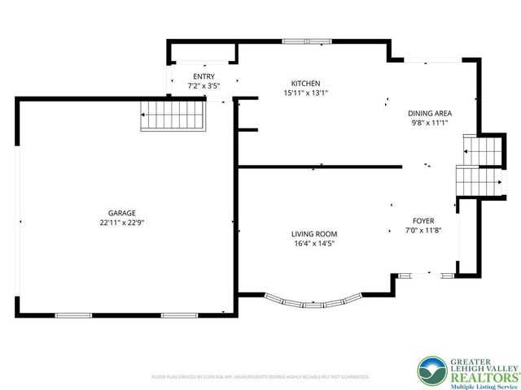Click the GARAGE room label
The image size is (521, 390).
click(124, 213)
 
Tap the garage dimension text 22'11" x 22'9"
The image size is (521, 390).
click(124, 222)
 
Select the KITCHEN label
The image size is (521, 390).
click(305, 84)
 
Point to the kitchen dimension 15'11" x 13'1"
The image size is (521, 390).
click(305, 93)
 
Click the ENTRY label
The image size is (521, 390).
click(204, 76)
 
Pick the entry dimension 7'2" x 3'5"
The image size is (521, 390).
click(204, 84)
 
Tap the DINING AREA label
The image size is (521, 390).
click(430, 114)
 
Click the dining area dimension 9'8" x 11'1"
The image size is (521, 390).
click(430, 123)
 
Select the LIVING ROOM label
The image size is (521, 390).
click(314, 234)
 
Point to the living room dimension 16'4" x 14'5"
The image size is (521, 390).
click(314, 243)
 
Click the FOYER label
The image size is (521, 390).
click(423, 221)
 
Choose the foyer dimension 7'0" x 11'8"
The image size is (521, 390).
click(423, 230)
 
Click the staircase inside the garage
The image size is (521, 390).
click(173, 115)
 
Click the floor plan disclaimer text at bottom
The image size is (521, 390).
click(260, 377)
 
